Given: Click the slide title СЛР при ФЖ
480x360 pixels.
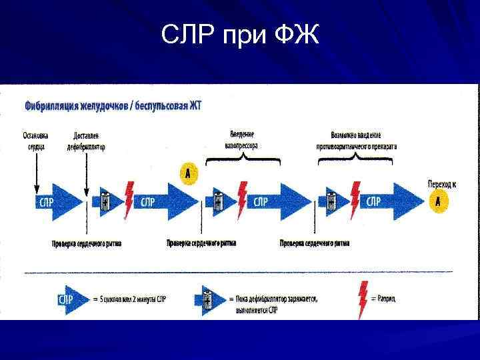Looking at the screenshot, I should click(240, 34).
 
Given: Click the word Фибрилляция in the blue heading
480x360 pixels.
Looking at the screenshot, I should click(53, 106).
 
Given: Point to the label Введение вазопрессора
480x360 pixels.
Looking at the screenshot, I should click(243, 139).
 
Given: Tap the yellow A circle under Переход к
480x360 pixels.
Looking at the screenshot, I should click(438, 201).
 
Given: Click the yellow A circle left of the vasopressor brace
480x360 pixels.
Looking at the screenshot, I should click(189, 175).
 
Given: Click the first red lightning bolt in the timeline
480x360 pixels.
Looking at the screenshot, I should click(128, 200).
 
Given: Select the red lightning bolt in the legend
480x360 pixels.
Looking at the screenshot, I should click(364, 299).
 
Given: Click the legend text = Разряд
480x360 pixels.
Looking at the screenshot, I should click(385, 299).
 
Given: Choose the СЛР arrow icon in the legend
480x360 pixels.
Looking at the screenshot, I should click(71, 299).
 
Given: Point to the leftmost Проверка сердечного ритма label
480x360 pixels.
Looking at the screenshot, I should click(87, 243).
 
